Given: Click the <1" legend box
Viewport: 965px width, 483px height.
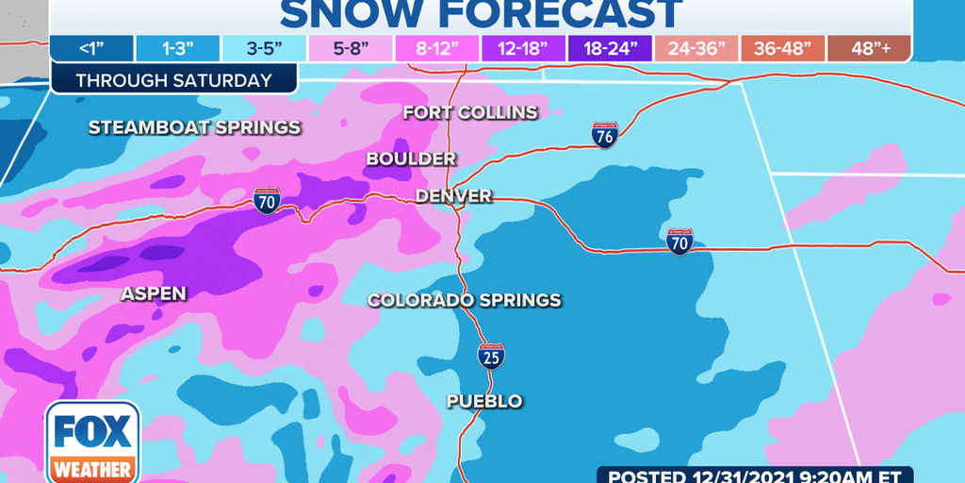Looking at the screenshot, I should pyautogui.click(x=91, y=50).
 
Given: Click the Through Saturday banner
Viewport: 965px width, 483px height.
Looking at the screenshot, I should pyautogui.click(x=174, y=80).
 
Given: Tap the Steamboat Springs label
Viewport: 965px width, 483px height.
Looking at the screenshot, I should pyautogui.click(x=194, y=127).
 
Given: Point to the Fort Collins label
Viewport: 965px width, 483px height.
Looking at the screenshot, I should pyautogui.click(x=470, y=113).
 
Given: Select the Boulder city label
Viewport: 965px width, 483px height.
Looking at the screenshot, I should pyautogui.click(x=411, y=159).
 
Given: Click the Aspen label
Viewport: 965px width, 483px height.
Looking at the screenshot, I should pyautogui.click(x=154, y=294).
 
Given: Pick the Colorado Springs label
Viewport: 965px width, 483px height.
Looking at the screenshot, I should pyautogui.click(x=464, y=301).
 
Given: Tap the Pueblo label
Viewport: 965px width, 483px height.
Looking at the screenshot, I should pyautogui.click(x=484, y=402).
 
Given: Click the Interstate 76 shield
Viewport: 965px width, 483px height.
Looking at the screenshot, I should pyautogui.click(x=605, y=135).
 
